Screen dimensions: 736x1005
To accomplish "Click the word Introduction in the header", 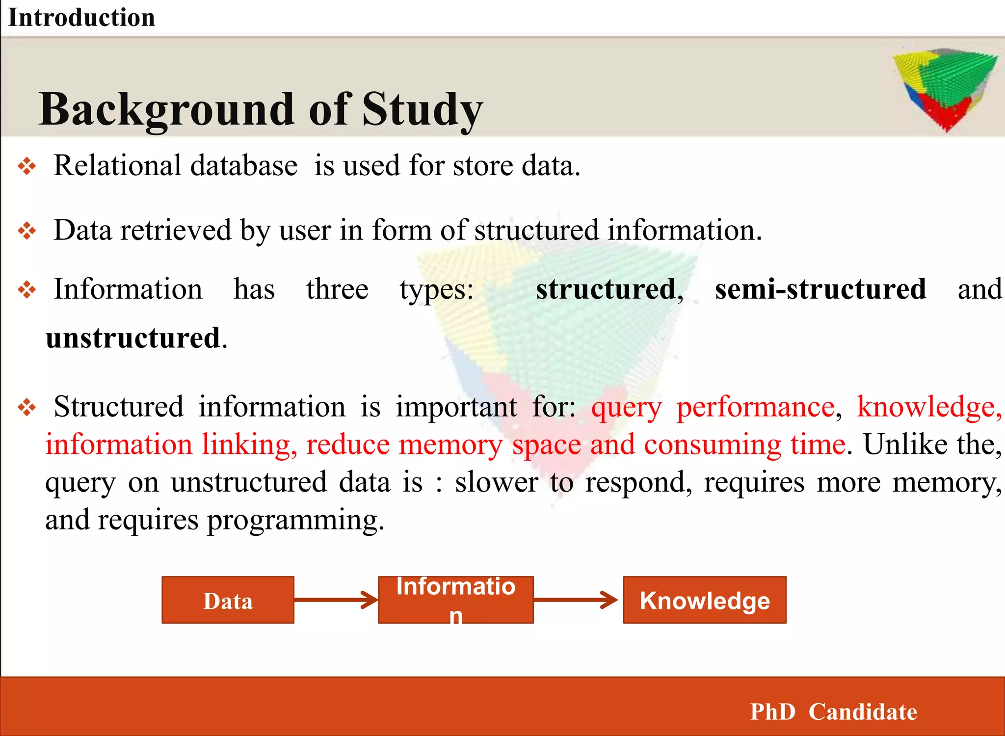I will (81, 18).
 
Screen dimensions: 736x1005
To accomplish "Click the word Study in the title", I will (423, 110).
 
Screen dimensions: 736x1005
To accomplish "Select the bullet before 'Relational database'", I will (27, 166).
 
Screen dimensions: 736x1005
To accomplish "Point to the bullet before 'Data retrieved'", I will (27, 231).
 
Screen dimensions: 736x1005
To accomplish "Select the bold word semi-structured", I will (820, 289).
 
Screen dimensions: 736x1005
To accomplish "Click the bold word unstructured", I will (133, 338).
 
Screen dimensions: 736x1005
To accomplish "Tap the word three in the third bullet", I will (337, 289).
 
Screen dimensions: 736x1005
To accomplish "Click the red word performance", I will (755, 407).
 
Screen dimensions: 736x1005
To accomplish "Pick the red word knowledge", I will (929, 407).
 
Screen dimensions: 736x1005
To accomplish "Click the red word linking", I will (249, 445).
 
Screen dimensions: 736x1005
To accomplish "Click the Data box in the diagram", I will (228, 600).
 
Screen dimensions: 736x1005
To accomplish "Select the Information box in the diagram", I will (455, 600).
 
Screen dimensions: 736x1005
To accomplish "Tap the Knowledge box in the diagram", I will (704, 600).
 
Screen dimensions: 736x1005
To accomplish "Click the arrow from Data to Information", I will (336, 600).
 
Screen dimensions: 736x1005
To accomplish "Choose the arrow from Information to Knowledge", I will (576, 600).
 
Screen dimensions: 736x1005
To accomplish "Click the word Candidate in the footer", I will (862, 712).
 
